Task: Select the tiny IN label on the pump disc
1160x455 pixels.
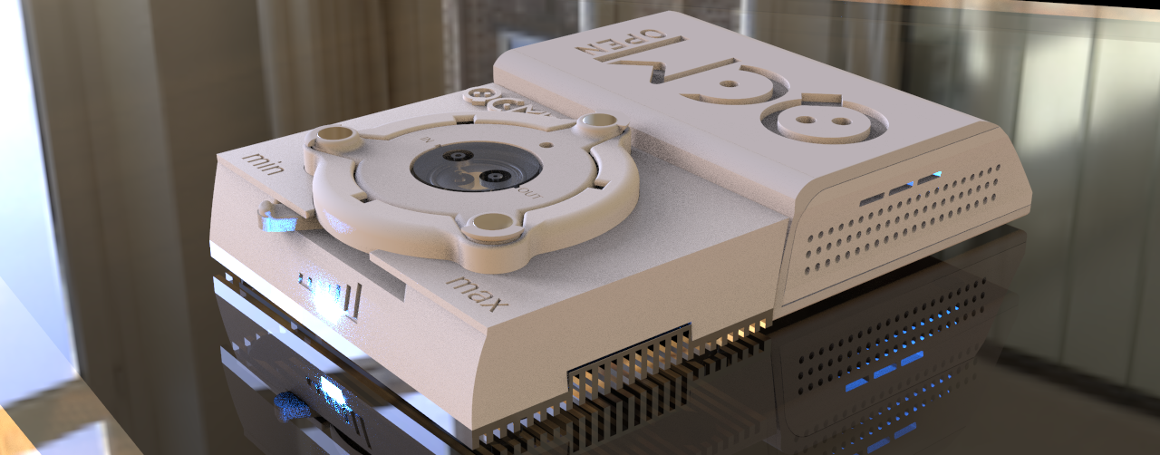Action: coord(430,140)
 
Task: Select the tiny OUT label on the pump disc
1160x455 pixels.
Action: coord(527,193)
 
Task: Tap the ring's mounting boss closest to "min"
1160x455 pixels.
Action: coord(335,138)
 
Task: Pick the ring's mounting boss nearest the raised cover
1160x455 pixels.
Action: coord(599,121)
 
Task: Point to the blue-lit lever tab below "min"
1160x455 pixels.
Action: coord(272,218)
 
